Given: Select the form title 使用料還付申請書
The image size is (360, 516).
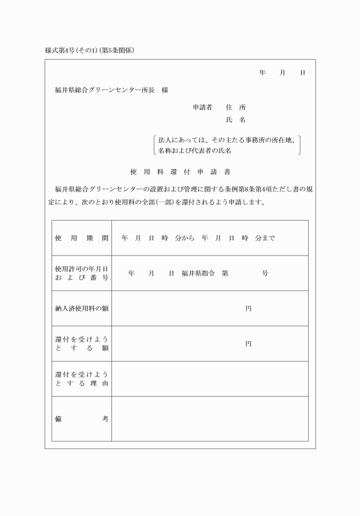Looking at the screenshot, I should pos(180,171).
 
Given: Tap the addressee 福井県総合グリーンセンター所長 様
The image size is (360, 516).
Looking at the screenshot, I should pos(111,90).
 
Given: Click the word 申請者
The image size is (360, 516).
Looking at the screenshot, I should pos(202,107).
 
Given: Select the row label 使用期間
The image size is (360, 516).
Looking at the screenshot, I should pos(82,238).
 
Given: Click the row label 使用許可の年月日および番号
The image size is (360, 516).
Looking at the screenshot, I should pos(82,273).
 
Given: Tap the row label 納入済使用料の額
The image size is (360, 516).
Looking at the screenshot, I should pos(82,309).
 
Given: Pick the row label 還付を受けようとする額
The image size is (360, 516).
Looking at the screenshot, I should pos(82,344).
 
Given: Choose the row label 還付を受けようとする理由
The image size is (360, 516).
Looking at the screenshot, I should pos(82,379).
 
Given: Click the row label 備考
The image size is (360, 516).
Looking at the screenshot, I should pos(82,419).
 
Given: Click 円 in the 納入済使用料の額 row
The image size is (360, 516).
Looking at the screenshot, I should pos(249,309).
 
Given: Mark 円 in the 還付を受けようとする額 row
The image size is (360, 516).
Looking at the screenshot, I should pos(249,344).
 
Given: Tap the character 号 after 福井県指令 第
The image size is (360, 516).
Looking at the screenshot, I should pos(265,274).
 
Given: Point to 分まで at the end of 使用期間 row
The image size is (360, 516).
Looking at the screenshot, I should pos(265,238).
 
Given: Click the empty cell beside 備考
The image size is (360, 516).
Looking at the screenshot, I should pos(210,419).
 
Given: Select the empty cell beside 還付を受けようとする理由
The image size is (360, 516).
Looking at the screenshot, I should pos(210,379).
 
